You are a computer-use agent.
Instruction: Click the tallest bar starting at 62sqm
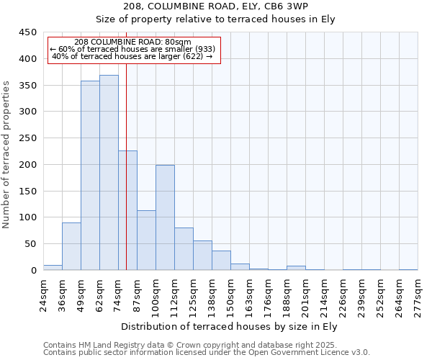[109, 173]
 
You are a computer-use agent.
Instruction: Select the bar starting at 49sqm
[90, 176]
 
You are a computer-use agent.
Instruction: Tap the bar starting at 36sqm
[71, 246]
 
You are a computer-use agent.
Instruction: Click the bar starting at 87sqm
[146, 240]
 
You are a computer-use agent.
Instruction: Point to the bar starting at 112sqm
[184, 249]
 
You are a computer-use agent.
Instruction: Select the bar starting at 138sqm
[221, 261]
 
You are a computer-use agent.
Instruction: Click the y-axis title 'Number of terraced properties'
[7, 155]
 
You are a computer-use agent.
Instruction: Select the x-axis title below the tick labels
[231, 326]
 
